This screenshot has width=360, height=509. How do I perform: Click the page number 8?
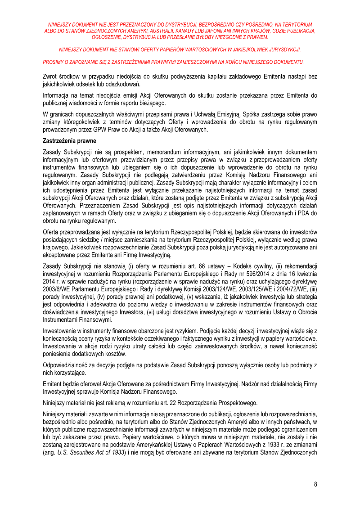coord(315,484)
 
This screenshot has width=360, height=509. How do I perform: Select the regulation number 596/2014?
coord(247,274)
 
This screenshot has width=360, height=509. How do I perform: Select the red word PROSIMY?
coord(53,62)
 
